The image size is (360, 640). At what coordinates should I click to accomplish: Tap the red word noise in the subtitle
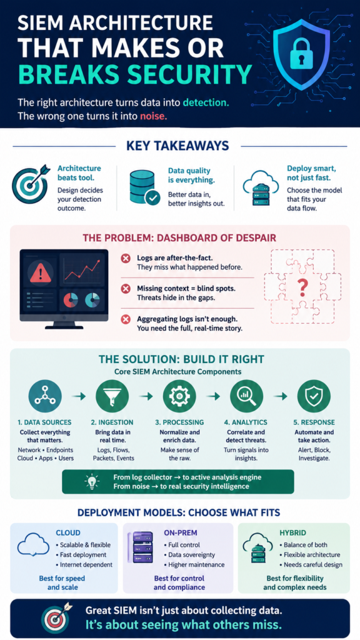click(x=154, y=116)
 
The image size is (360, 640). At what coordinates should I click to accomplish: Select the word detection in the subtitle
click(x=206, y=102)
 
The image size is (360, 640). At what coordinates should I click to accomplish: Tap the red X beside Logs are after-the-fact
click(x=126, y=259)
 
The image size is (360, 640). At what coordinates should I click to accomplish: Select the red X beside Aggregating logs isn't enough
click(x=126, y=319)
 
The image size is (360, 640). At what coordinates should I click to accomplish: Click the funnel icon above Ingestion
click(x=112, y=396)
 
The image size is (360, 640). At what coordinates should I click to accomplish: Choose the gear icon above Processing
click(x=179, y=396)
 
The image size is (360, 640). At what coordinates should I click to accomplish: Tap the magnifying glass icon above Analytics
click(x=246, y=396)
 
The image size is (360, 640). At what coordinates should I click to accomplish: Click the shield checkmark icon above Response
click(x=314, y=396)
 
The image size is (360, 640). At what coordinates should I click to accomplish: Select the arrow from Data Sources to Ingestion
click(x=78, y=396)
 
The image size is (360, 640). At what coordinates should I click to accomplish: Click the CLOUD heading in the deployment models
click(x=67, y=533)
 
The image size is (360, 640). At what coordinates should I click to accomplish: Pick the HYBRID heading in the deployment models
click(x=293, y=533)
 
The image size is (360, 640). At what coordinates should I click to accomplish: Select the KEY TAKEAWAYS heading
click(x=177, y=146)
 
